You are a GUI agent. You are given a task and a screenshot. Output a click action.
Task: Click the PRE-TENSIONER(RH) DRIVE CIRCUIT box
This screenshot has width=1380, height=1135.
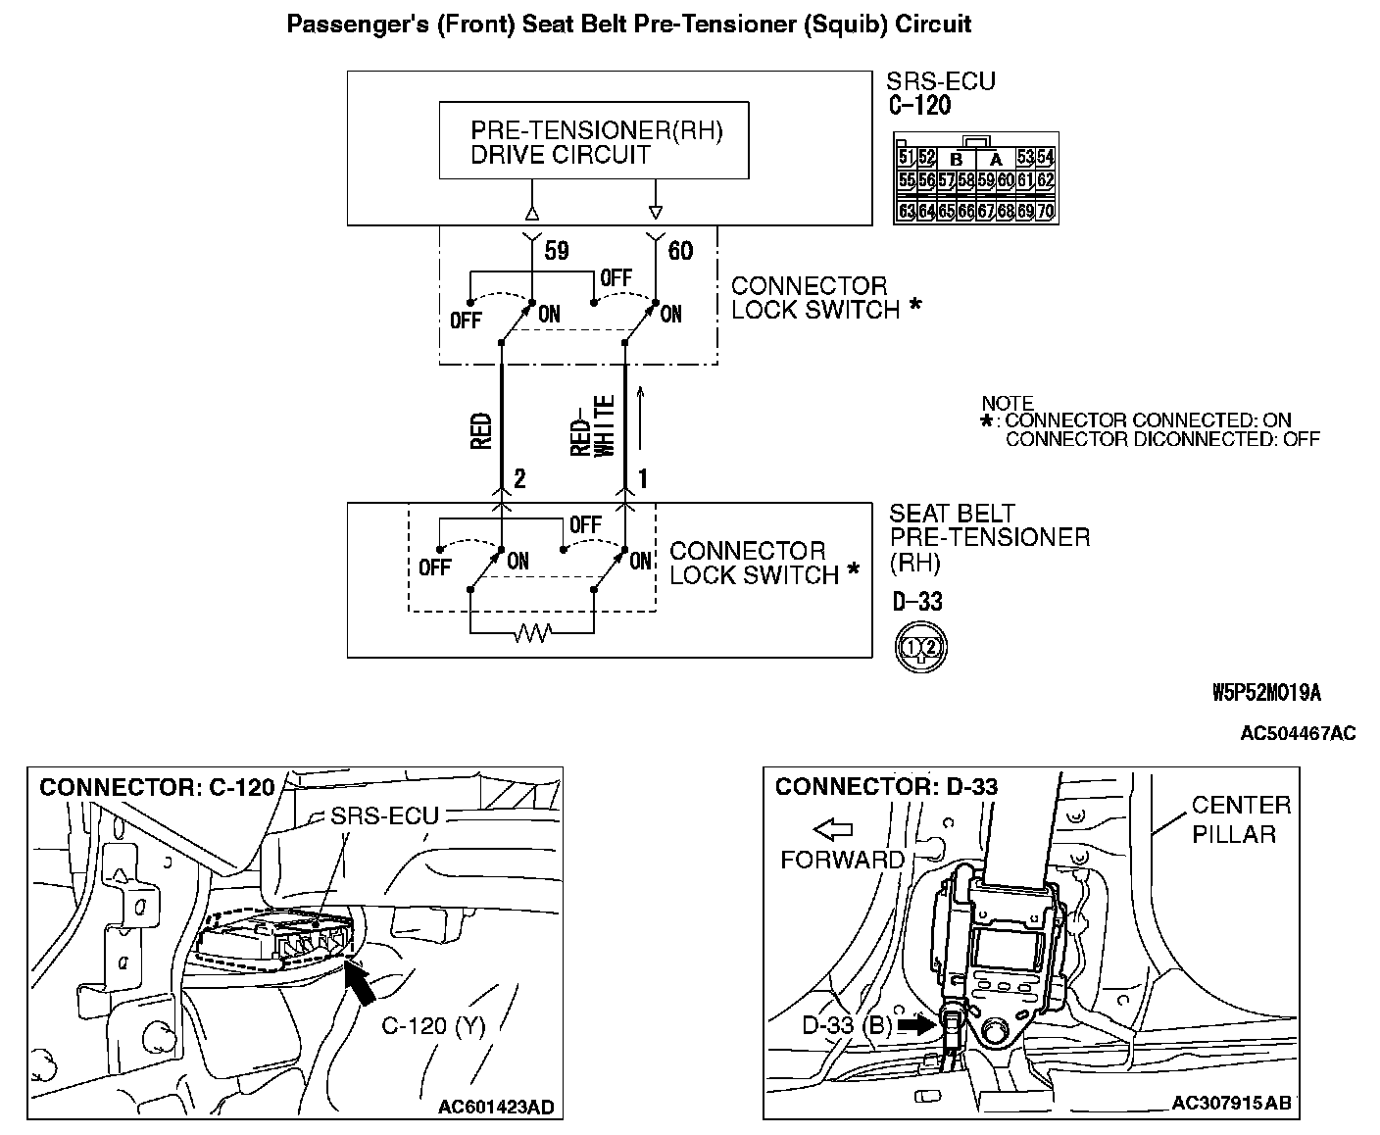[593, 140]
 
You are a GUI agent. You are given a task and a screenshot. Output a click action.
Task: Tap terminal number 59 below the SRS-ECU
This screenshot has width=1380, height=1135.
[556, 251]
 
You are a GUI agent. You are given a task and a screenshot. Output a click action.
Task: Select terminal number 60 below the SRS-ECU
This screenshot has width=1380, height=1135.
[679, 251]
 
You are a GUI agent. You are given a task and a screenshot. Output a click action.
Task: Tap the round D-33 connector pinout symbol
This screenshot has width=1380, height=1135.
[920, 647]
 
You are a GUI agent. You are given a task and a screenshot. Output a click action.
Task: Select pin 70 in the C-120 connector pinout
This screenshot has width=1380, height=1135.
[1045, 211]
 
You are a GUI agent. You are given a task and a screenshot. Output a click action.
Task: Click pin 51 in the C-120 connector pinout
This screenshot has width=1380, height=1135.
[907, 157]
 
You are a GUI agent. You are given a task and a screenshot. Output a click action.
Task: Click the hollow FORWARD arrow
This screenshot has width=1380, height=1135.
[833, 830]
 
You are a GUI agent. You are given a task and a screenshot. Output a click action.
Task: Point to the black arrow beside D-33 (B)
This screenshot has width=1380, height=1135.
[913, 1025]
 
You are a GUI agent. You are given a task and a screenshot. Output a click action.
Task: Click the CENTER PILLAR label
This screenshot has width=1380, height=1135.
[1241, 819]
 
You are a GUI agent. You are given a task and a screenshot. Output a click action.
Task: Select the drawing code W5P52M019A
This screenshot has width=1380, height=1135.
[1266, 693]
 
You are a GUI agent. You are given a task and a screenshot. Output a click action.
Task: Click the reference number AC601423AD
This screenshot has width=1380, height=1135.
[495, 1108]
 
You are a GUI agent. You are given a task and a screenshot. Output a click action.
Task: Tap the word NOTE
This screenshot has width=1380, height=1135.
[1007, 403]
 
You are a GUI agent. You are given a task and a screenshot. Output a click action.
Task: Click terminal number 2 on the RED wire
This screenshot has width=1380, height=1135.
[519, 478]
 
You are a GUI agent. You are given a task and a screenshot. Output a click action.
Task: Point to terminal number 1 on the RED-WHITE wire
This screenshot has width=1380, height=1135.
[643, 478]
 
